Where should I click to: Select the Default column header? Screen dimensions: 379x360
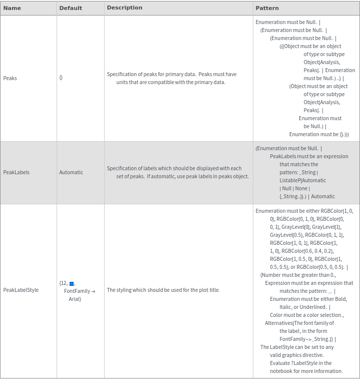point(71,8)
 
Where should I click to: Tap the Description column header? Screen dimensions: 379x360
point(125,8)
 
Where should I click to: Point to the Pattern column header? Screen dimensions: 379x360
point(267,8)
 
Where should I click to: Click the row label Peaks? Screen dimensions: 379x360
point(10,78)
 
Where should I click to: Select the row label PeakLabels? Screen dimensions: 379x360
point(17,172)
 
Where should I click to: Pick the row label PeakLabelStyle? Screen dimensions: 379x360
point(21,290)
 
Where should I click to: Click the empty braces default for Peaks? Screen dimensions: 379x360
point(61,78)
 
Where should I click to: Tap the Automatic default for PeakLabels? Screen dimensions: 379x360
point(71,172)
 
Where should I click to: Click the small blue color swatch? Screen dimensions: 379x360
point(72,284)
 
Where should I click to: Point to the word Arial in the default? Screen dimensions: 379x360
point(75,299)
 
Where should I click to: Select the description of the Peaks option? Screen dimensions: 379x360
point(171,78)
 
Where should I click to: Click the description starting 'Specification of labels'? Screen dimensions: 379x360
point(177,172)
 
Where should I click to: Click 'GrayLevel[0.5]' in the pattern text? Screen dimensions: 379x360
point(286,235)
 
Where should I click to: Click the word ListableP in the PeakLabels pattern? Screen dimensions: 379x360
point(290,180)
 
